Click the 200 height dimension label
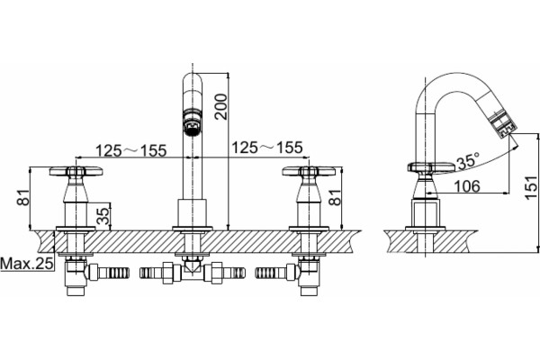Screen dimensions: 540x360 click(x=220, y=106)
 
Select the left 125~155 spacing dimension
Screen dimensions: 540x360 click(x=130, y=150)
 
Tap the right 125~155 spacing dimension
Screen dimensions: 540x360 click(x=267, y=148)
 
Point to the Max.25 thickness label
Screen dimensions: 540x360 click(x=27, y=264)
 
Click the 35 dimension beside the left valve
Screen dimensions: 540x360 click(x=103, y=216)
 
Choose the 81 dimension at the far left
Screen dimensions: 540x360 click(x=23, y=197)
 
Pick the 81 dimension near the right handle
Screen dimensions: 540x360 click(x=335, y=197)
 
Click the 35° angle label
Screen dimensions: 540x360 click(x=468, y=160)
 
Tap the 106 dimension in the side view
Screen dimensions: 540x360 click(x=467, y=186)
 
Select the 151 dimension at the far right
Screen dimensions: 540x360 click(x=531, y=186)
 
